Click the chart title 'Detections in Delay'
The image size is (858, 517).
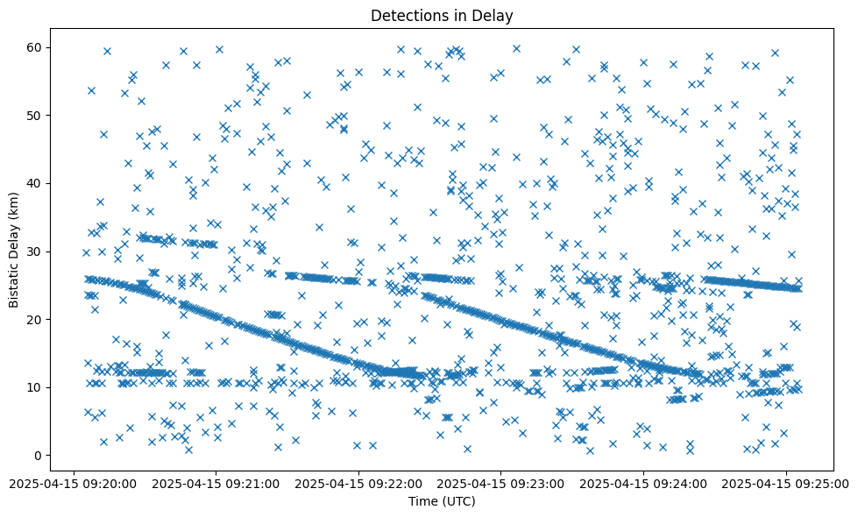pyautogui.click(x=441, y=15)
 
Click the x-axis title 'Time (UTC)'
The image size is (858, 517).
pyautogui.click(x=441, y=501)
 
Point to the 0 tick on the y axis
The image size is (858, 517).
pyautogui.click(x=39, y=456)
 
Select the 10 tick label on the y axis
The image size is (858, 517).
pyautogui.click(x=36, y=387)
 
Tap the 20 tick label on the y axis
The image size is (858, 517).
pyautogui.click(x=36, y=320)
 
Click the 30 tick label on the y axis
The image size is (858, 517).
pyautogui.click(x=36, y=251)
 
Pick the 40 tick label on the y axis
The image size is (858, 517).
pyautogui.click(x=36, y=183)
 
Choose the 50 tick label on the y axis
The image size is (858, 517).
pyautogui.click(x=36, y=116)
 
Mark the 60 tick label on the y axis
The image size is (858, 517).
pyautogui.click(x=36, y=47)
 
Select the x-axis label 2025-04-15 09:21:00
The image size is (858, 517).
pyautogui.click(x=216, y=483)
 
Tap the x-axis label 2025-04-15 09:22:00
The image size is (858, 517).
pyautogui.click(x=358, y=483)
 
